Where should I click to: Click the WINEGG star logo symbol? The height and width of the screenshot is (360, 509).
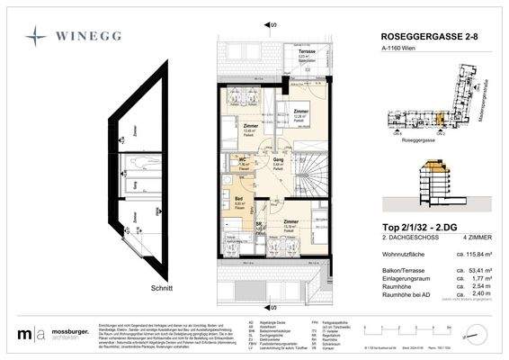click(37, 37)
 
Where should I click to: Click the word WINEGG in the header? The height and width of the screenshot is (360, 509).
click(92, 38)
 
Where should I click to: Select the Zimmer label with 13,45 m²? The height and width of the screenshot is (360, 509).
click(249, 126)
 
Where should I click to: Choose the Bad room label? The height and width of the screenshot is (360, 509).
click(239, 201)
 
